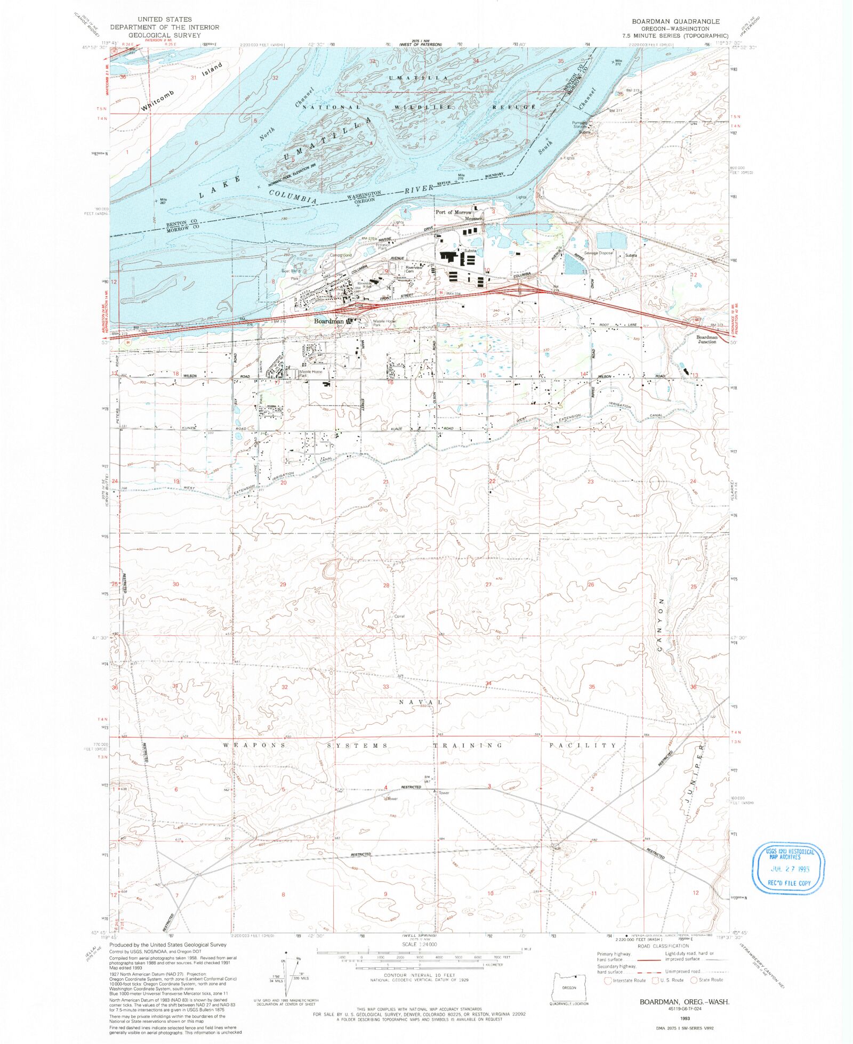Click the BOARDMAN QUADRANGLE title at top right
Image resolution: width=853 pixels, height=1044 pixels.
[x=675, y=21]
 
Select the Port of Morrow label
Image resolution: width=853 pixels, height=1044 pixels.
[x=453, y=212]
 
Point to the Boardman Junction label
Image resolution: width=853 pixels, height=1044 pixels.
[x=707, y=339]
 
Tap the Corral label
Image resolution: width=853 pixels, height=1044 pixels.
[x=399, y=616]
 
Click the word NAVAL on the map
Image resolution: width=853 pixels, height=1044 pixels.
[x=421, y=702]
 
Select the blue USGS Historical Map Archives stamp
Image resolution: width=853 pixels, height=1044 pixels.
[x=788, y=868]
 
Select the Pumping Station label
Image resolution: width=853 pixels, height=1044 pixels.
[x=580, y=125]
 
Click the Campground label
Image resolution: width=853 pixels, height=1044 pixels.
[x=341, y=255]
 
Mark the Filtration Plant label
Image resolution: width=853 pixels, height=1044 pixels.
[x=382, y=246]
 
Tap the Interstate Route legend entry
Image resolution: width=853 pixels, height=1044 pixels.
[x=625, y=980]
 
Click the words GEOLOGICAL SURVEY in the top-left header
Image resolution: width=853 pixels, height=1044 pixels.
[x=164, y=35]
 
